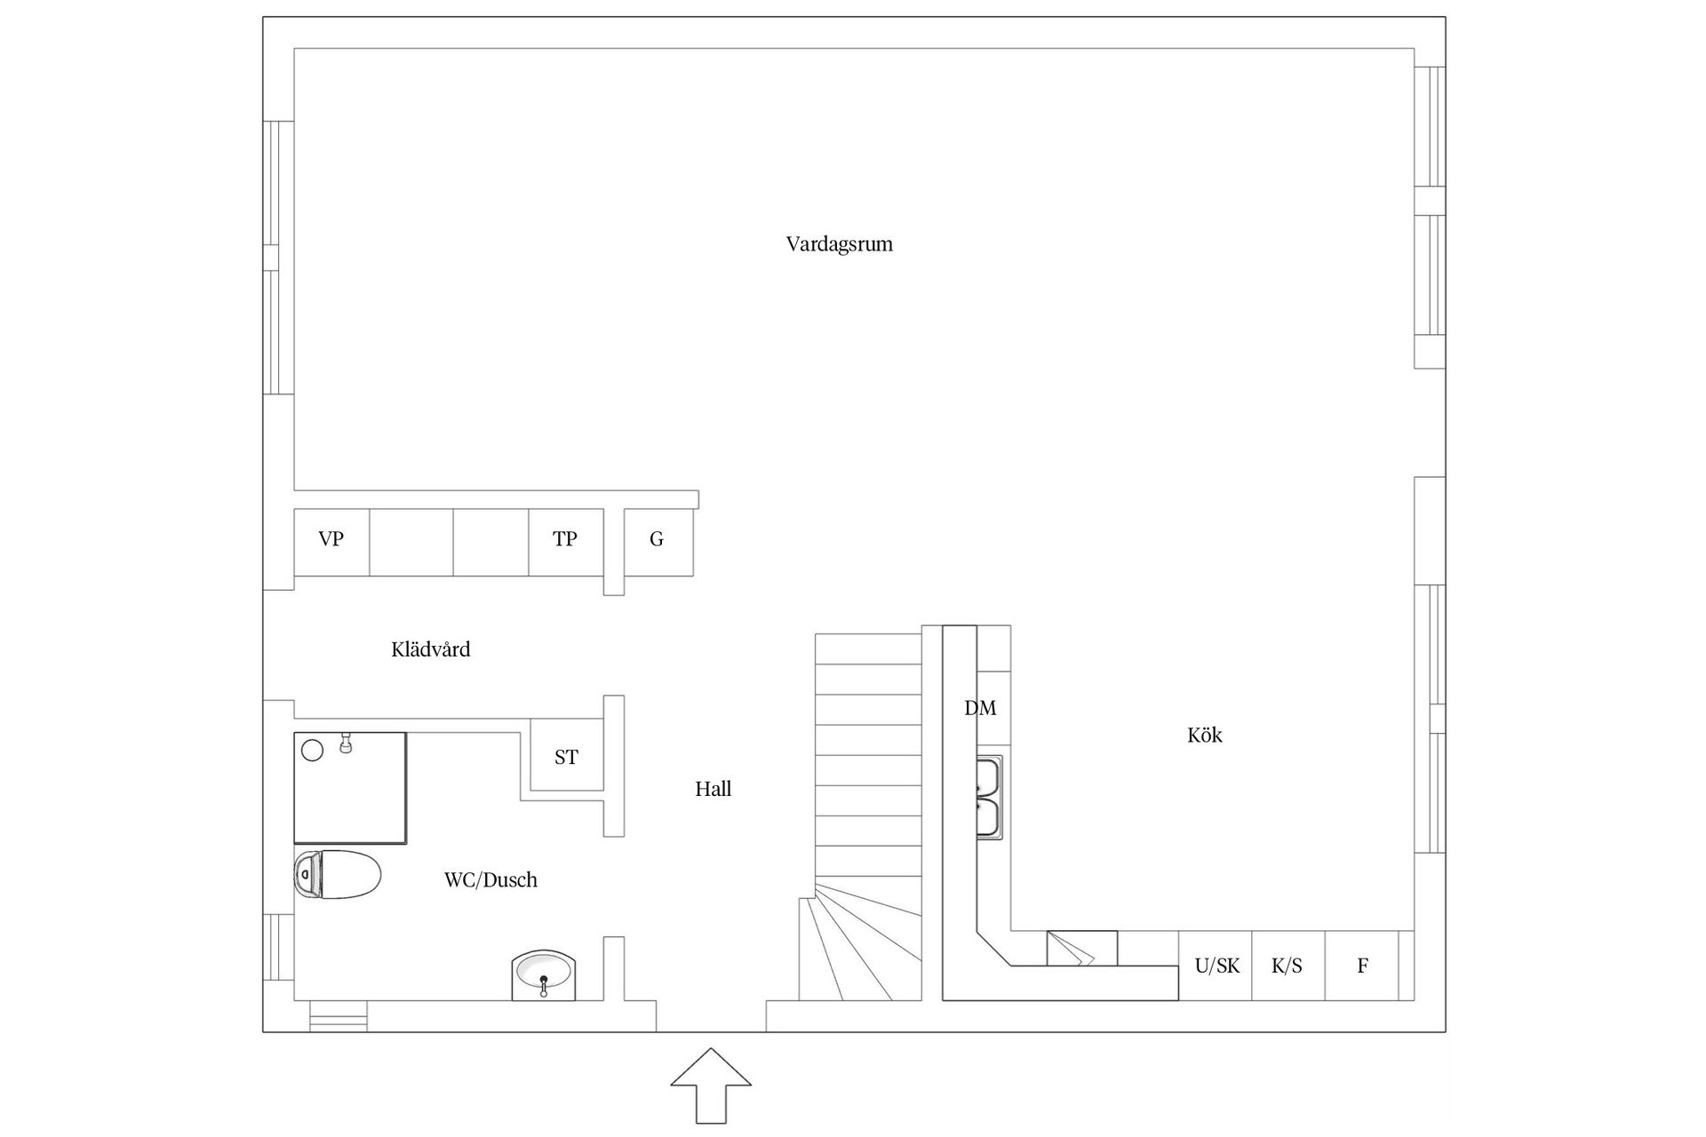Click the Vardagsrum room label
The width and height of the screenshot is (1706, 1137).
[839, 244]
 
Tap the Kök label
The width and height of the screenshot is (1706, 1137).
[1205, 735]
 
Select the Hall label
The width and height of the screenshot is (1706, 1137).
[713, 789]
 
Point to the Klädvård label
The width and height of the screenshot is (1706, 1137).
[431, 649]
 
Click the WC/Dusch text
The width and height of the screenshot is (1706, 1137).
[490, 879]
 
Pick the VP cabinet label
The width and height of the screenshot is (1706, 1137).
[331, 538]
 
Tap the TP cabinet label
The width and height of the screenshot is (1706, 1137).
[565, 538]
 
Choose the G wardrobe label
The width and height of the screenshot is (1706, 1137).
[657, 538]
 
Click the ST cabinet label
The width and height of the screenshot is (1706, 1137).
[566, 757]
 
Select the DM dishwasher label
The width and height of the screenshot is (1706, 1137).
[980, 708]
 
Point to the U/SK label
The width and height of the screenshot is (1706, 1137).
[1217, 966]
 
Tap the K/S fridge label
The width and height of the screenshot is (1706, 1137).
[1287, 966]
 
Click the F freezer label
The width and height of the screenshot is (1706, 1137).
[1362, 966]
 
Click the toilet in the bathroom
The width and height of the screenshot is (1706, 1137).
[338, 874]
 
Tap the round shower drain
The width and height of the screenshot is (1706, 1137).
[312, 751]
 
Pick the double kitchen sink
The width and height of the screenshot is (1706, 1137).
[989, 797]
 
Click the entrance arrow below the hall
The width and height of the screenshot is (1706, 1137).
[711, 1085]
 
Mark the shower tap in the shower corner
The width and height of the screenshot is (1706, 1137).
[347, 743]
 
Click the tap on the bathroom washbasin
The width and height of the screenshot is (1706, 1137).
[544, 984]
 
